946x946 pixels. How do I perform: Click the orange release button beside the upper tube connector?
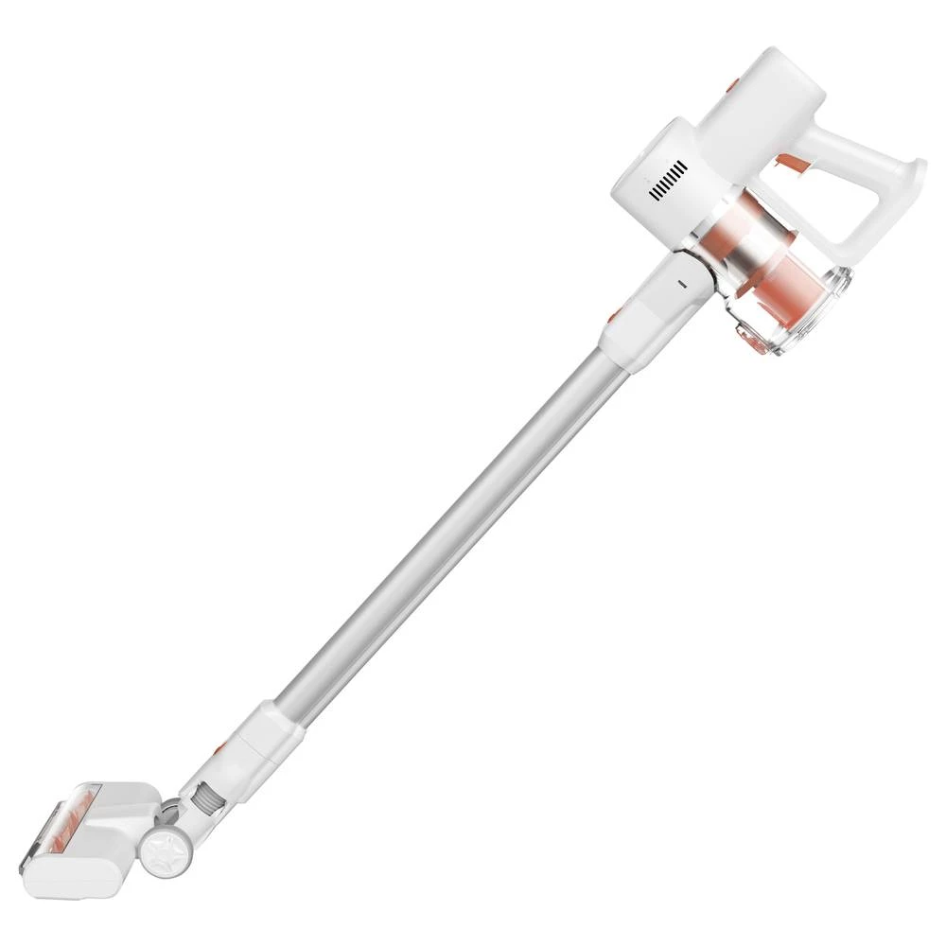[x=616, y=314]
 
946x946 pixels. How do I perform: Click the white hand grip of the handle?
[x=851, y=142]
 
